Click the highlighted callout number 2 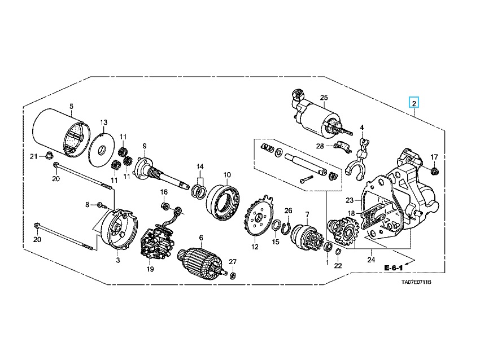(414, 103)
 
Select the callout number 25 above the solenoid (324, 97)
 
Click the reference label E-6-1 (395, 267)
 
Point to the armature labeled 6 (198, 261)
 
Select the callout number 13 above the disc (103, 122)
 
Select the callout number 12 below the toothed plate (255, 247)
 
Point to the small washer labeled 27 (234, 275)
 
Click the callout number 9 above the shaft (145, 146)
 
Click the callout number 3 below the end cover (118, 261)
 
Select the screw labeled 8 (101, 205)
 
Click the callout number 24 (370, 260)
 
